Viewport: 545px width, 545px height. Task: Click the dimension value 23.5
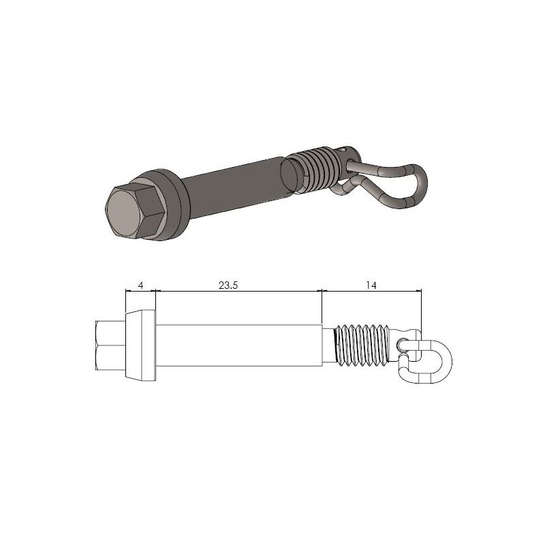[228, 286]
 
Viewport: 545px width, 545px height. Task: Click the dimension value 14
[371, 286]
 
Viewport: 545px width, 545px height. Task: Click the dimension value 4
[140, 286]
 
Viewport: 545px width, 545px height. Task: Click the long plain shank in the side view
[238, 345]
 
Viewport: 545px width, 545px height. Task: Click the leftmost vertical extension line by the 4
[125, 300]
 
